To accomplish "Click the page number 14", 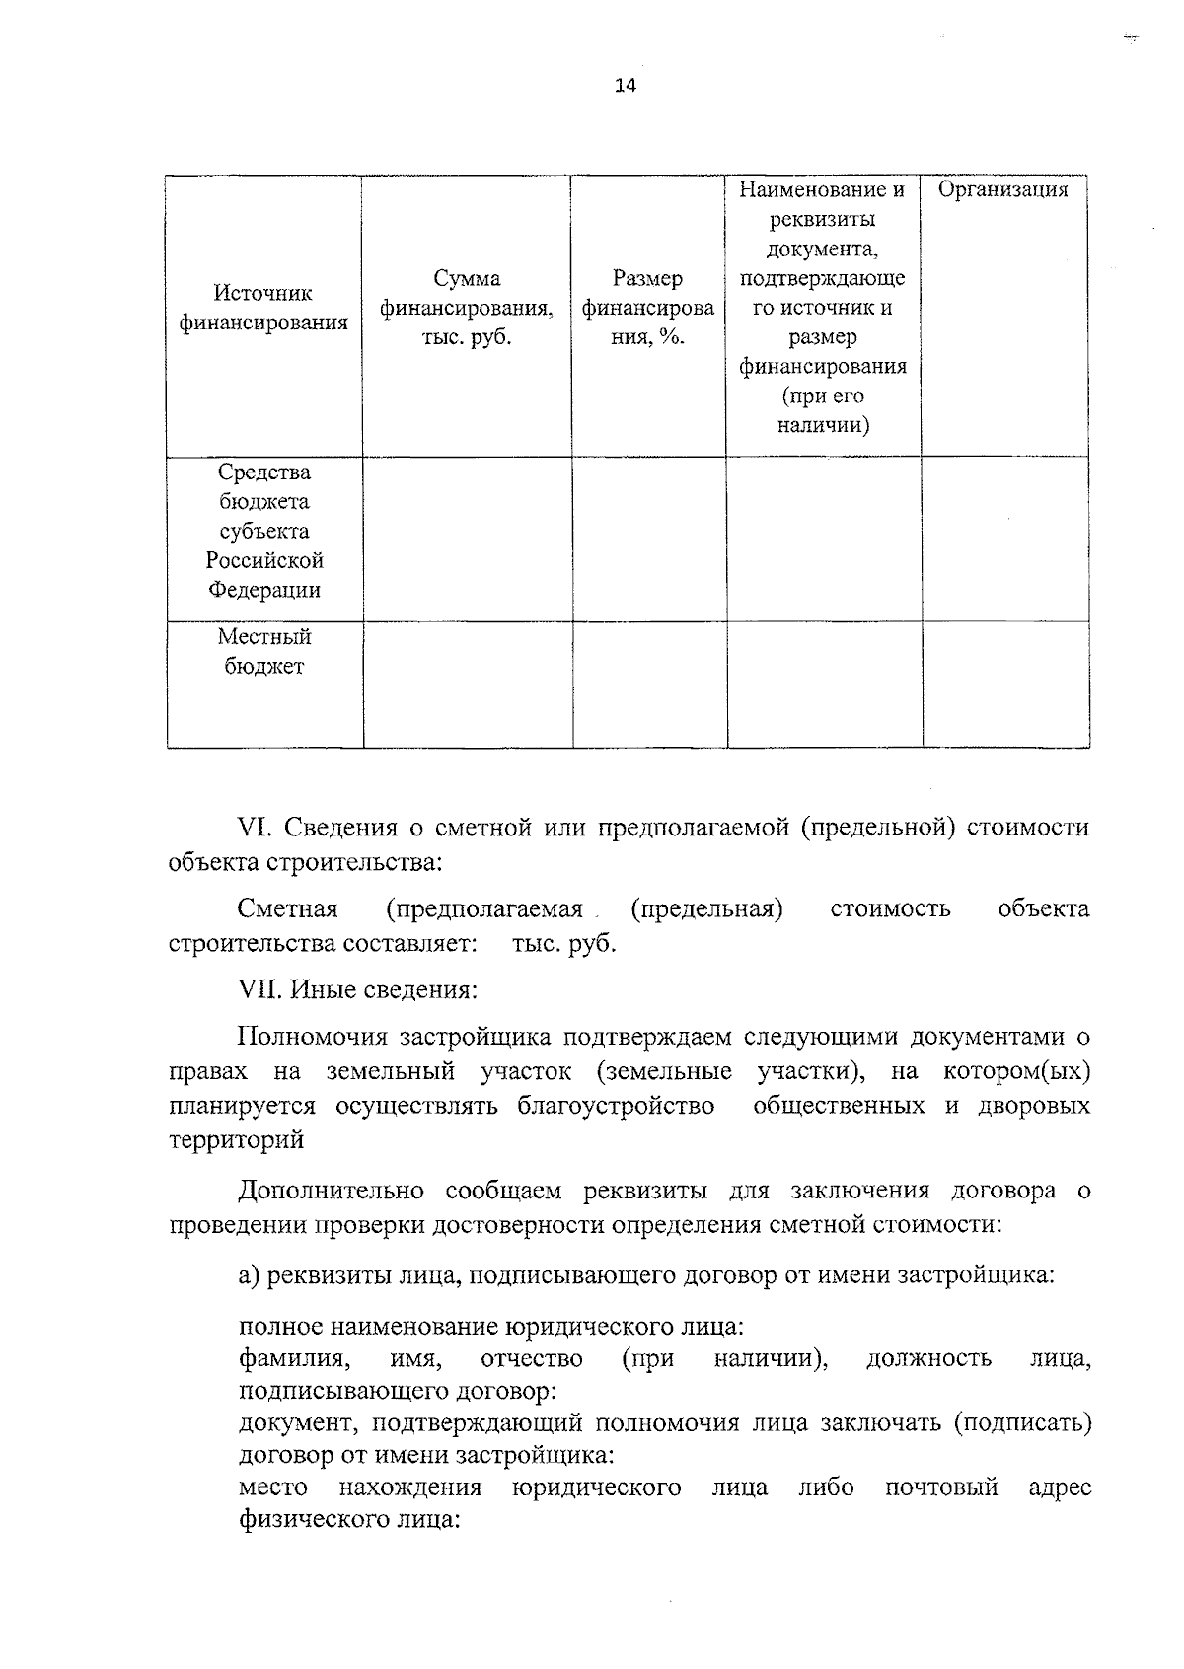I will point(626,85).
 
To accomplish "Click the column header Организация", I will point(1002,190).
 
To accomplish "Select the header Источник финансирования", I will point(263,308).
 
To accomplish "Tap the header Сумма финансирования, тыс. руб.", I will point(467,308).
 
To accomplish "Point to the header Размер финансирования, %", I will point(647,308).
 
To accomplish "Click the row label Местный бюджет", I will point(263,651).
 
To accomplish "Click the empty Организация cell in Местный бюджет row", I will point(1005,684).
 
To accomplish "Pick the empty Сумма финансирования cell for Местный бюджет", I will point(467,684).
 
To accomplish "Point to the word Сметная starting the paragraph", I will point(287,908).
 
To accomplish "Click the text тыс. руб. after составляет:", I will point(563,944).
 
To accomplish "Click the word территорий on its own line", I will point(237,1140).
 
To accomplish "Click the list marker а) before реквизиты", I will point(249,1275).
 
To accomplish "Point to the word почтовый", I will point(941,1488).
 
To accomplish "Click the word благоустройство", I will point(616,1106).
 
